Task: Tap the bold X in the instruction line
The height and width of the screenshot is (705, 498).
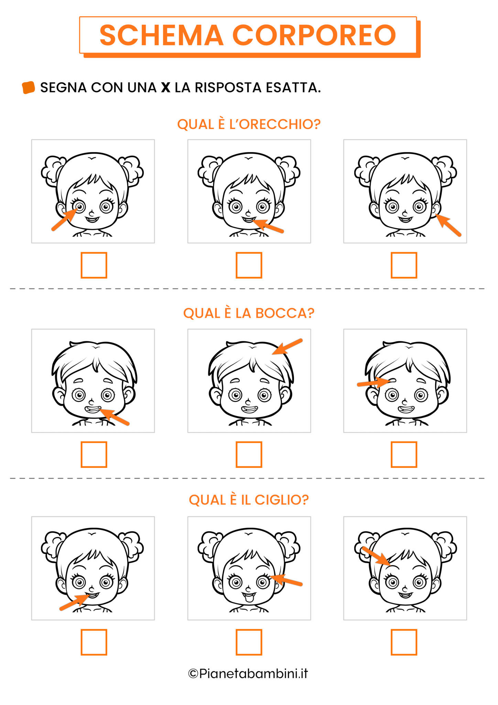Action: click(x=166, y=87)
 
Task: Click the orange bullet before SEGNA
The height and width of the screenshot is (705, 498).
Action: click(x=29, y=87)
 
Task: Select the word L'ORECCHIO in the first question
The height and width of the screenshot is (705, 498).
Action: click(x=275, y=124)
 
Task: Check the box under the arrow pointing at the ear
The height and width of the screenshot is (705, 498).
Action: click(x=404, y=265)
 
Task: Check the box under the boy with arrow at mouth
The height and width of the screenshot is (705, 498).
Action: click(x=94, y=454)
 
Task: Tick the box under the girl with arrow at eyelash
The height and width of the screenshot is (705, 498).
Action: click(x=249, y=642)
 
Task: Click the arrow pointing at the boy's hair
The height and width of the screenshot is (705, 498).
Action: click(x=288, y=347)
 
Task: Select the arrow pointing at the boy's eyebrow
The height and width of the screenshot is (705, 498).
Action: click(x=373, y=383)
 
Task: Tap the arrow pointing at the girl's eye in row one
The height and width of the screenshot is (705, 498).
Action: click(x=64, y=220)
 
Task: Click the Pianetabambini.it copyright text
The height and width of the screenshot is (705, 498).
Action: click(x=248, y=674)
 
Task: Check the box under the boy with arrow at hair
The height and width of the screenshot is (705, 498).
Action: click(x=249, y=454)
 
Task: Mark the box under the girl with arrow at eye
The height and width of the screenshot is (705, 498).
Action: click(x=94, y=265)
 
